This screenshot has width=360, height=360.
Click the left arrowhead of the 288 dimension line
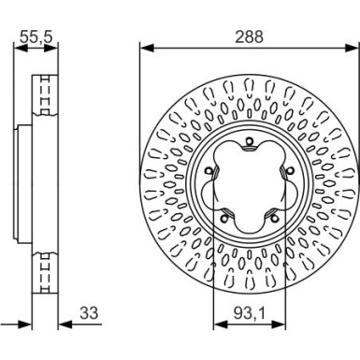[143, 46]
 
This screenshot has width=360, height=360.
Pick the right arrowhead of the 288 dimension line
[354, 46]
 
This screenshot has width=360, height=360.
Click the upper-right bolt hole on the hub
[285, 169]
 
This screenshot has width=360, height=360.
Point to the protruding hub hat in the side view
[21, 182]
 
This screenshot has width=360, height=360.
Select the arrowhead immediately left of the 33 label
[62, 324]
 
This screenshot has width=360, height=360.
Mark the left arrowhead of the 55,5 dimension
[18, 46]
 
